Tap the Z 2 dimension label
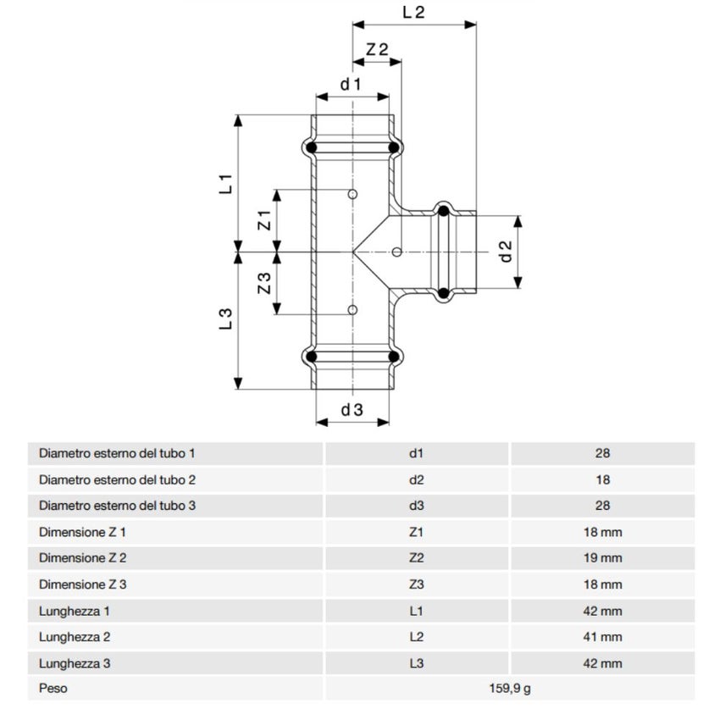pos(377,49)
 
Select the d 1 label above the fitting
pos(351,84)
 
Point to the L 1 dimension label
pos(225,184)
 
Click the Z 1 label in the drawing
pos(263,221)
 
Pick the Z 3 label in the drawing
pos(263,283)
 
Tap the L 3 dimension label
pos(225,319)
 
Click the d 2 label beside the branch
pos(506,252)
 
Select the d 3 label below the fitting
pos(352,410)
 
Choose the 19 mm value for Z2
pos(602,558)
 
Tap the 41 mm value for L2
pos(602,637)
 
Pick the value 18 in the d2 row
pos(602,479)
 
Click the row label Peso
pos(53,689)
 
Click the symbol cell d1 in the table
pos(415,453)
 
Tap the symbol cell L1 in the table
pos(415,611)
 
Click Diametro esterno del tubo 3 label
pos(117,506)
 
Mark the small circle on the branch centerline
pos(397,252)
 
